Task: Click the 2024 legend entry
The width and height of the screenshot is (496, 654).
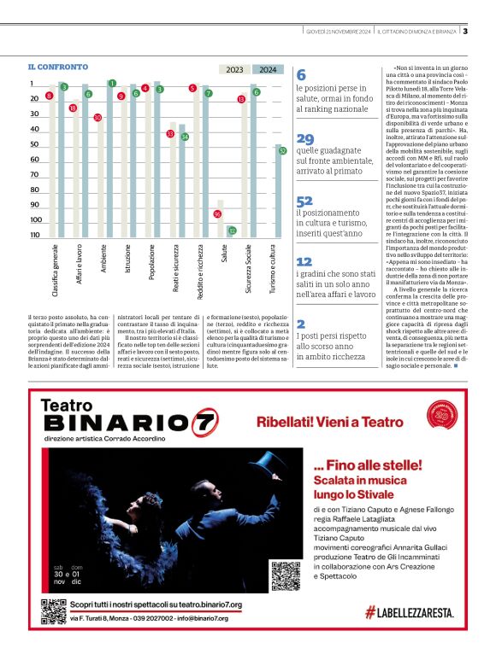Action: point(268,70)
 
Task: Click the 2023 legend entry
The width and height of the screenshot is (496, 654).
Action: point(235,70)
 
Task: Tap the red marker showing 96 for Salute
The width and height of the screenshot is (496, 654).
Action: point(217,213)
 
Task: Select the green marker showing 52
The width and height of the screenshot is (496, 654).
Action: point(281,150)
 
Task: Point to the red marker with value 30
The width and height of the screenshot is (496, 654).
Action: point(97,118)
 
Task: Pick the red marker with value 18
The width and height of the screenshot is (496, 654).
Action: point(73,108)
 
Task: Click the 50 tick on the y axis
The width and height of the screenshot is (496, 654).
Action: point(34,144)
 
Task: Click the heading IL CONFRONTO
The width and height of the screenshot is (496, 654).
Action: point(58,67)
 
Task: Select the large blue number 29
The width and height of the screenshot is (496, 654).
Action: point(305,139)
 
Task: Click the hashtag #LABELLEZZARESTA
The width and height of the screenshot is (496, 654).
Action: point(409,612)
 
